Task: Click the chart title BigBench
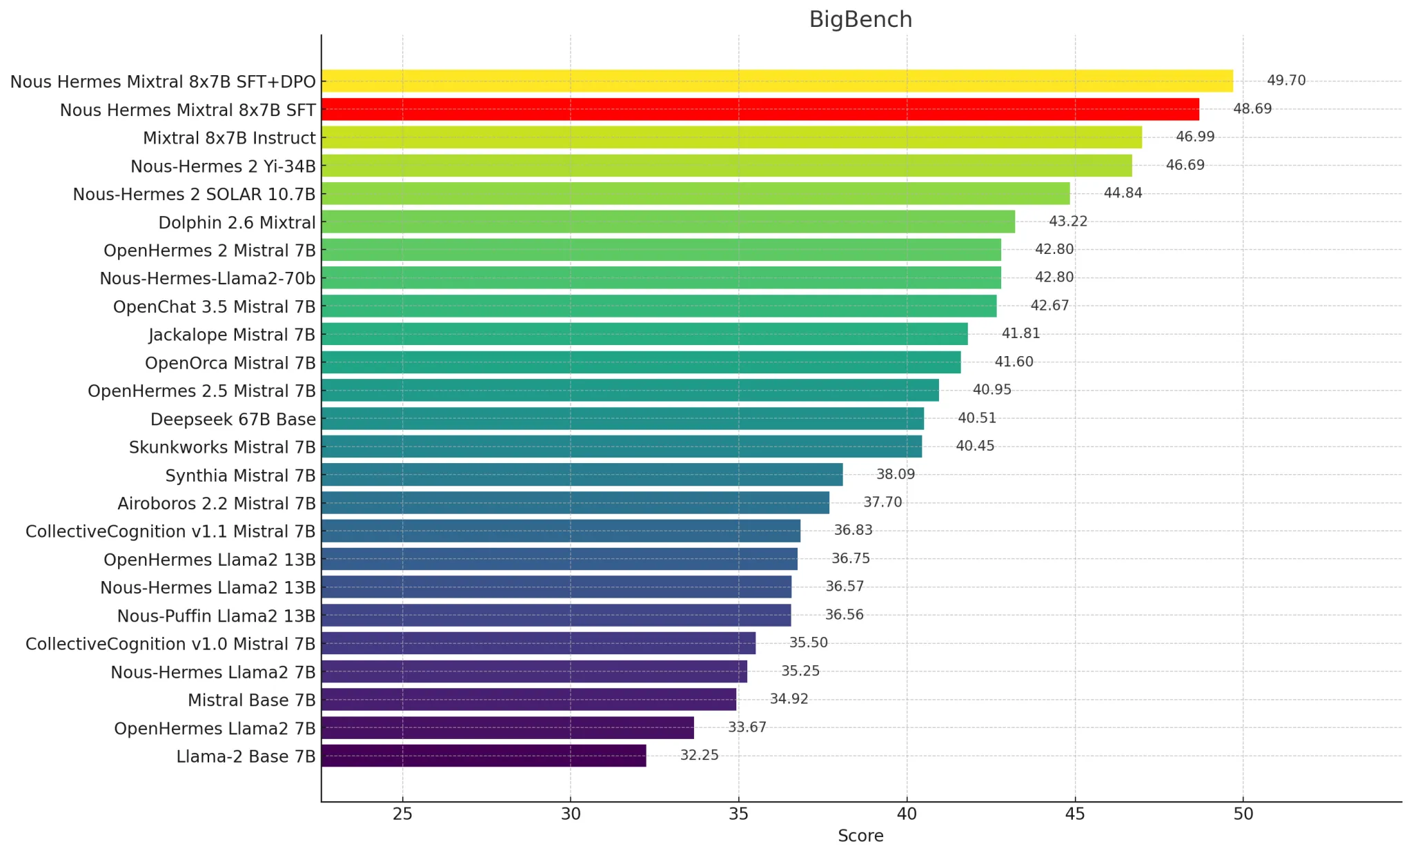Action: pyautogui.click(x=860, y=19)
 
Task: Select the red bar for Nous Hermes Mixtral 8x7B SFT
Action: pyautogui.click(x=759, y=109)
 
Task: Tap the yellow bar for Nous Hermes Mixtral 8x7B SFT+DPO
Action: pyautogui.click(x=776, y=81)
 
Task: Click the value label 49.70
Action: pyautogui.click(x=1286, y=81)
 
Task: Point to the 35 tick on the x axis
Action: pyautogui.click(x=738, y=814)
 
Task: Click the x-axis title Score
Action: pyautogui.click(x=860, y=836)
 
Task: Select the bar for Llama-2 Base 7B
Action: pyautogui.click(x=483, y=756)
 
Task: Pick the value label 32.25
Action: pyautogui.click(x=699, y=756)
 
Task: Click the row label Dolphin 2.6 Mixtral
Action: pyautogui.click(x=237, y=223)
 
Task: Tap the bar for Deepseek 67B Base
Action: pyautogui.click(x=621, y=418)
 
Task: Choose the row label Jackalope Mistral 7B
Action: pyautogui.click(x=232, y=335)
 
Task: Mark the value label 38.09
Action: pyautogui.click(x=896, y=475)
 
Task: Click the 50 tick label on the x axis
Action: pyautogui.click(x=1243, y=814)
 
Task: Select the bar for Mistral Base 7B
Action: pyautogui.click(x=528, y=700)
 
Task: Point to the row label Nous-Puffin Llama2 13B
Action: pyautogui.click(x=216, y=616)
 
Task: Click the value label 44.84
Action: pyautogui.click(x=1123, y=193)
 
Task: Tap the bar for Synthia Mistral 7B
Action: pyautogui.click(x=582, y=475)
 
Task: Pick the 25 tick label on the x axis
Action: pyautogui.click(x=402, y=814)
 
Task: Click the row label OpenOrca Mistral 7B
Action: pyautogui.click(x=230, y=363)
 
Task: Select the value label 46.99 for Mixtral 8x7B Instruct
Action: pyautogui.click(x=1195, y=137)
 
